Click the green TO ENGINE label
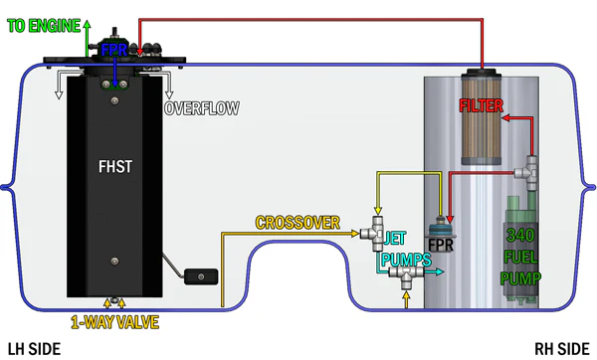coord(44,26)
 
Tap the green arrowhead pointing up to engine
coord(88,24)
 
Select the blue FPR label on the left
coord(113,50)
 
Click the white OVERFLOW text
coord(202,108)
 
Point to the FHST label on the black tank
coord(115,167)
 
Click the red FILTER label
coord(481,105)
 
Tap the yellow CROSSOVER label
coord(298,223)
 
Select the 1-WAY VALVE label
coord(114,322)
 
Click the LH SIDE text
coord(34,349)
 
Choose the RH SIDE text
coord(562,349)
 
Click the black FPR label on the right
coord(441,245)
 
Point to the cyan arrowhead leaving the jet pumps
coord(440,271)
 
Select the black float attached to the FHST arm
coord(201,276)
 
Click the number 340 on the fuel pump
coord(520,236)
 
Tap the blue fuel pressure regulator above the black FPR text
coord(440,228)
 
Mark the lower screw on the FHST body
coord(114,262)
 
